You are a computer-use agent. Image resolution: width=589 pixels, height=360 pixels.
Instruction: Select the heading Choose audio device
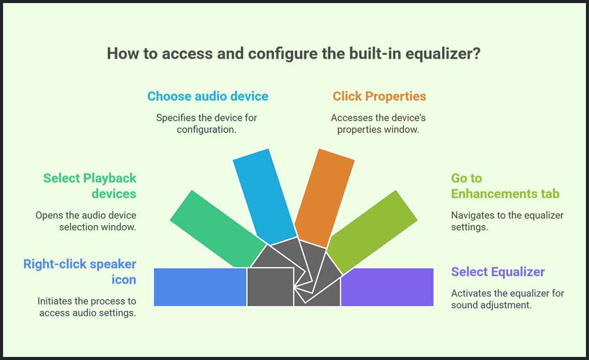[208, 96]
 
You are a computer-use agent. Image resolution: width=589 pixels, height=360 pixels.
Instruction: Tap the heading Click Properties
[379, 97]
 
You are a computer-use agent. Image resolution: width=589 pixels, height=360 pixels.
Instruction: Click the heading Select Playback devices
[90, 186]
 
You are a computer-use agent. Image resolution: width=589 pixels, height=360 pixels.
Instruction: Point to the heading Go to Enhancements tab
[505, 186]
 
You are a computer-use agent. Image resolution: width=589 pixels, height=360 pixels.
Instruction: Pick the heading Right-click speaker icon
[80, 272]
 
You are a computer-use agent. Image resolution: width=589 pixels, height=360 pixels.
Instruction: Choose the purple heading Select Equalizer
[497, 272]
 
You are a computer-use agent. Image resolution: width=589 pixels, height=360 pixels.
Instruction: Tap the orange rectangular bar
[324, 198]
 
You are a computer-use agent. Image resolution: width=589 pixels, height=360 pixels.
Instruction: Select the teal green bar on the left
[218, 229]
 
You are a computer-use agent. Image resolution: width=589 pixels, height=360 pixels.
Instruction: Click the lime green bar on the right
[372, 231]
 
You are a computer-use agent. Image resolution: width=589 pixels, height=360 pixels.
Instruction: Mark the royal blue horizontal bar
[200, 287]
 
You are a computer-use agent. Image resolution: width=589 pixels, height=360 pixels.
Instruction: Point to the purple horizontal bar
[387, 287]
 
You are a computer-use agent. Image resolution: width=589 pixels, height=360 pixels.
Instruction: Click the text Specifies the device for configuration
[207, 124]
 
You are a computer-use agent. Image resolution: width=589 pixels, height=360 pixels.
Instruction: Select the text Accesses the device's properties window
[378, 124]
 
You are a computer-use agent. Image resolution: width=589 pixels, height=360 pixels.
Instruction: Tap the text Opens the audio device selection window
[86, 221]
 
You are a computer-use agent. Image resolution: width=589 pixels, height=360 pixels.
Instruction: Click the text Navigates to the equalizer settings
[507, 221]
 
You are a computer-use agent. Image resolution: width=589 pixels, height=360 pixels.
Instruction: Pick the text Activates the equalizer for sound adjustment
[508, 299]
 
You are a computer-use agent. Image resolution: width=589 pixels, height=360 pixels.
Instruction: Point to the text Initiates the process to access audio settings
[87, 307]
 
